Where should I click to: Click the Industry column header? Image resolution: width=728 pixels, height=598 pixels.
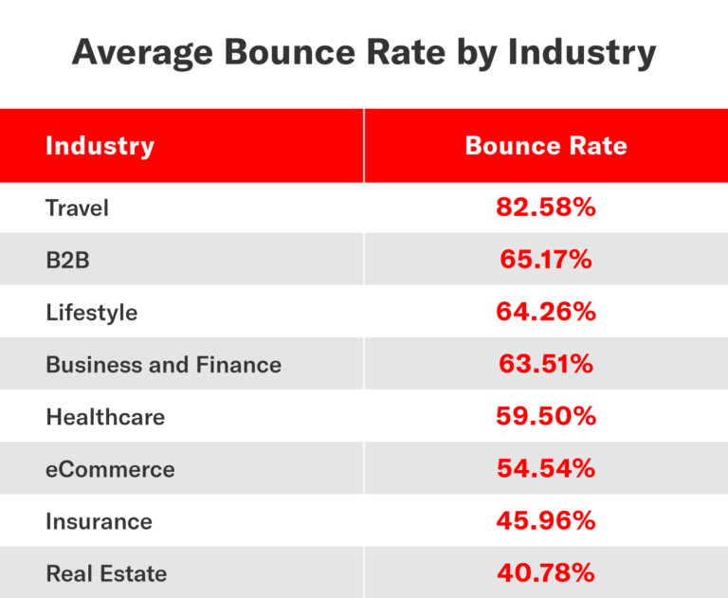(100, 146)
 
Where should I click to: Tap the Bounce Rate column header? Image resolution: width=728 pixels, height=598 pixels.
(546, 146)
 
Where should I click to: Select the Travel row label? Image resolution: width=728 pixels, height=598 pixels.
(77, 208)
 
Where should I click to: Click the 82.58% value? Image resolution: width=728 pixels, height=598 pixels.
(546, 207)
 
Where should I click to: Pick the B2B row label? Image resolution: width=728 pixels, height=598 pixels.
(67, 260)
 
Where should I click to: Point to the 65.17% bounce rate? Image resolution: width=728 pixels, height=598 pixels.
(546, 259)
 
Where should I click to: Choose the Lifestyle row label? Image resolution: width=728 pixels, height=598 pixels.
(91, 312)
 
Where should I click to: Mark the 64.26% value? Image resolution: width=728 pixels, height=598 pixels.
(546, 311)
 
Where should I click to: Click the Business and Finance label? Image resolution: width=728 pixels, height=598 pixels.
(163, 364)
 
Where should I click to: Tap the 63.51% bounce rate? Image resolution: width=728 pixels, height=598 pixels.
(546, 363)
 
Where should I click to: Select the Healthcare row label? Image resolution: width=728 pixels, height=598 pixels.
(105, 416)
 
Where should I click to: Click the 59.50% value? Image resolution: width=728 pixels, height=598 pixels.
(546, 415)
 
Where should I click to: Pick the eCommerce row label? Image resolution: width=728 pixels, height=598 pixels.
(110, 468)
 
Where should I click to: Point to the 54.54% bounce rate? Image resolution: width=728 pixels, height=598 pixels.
(546, 467)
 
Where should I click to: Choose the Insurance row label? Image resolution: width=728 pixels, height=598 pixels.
(99, 520)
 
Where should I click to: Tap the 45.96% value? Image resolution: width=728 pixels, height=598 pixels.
(546, 519)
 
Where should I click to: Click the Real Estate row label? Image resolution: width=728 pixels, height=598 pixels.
(106, 572)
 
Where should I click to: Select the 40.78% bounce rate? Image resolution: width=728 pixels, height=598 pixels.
(546, 571)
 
